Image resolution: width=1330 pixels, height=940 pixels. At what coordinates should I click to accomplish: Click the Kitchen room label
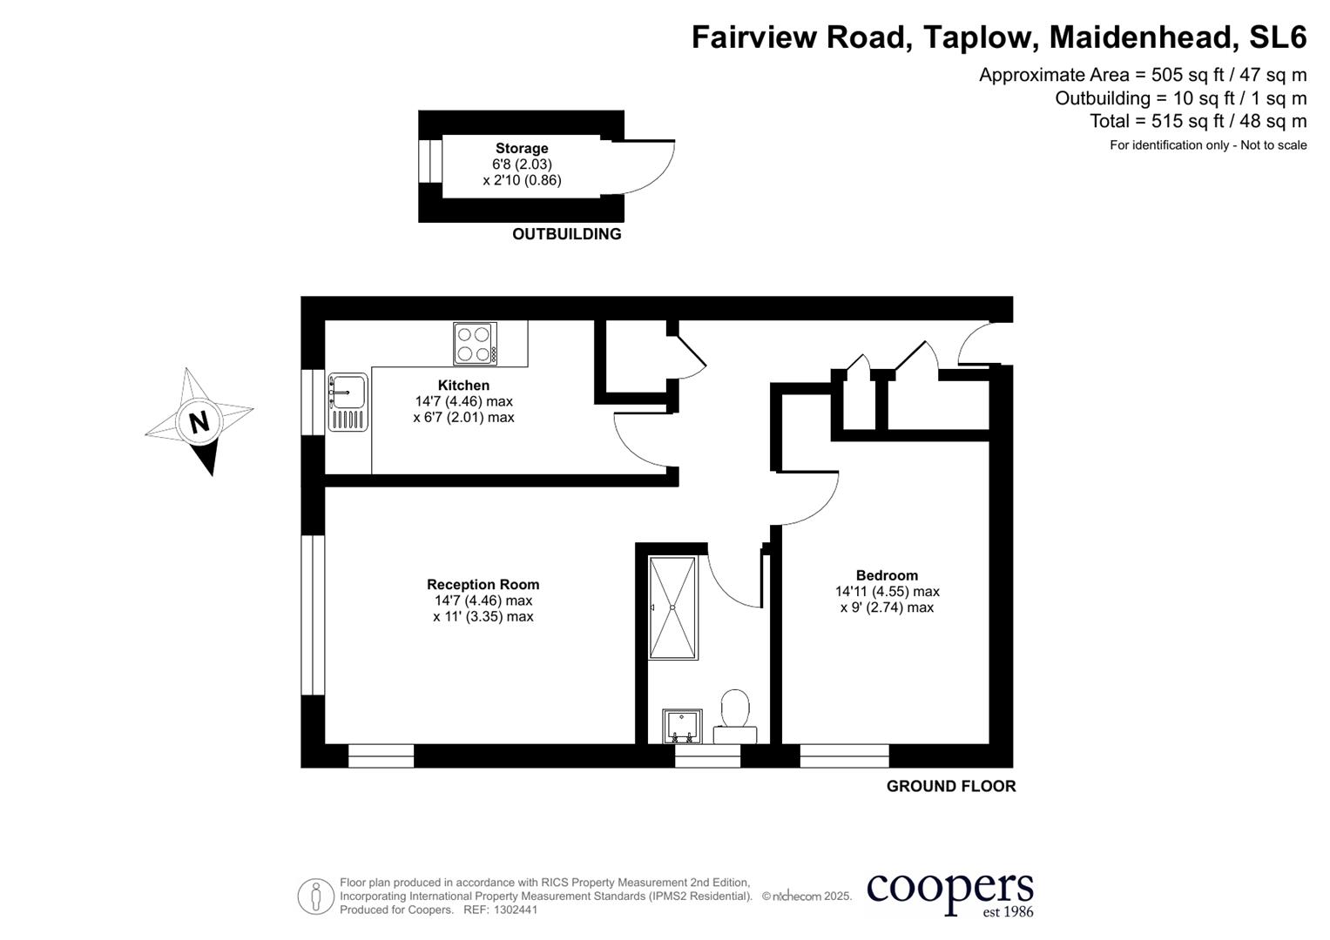tap(463, 386)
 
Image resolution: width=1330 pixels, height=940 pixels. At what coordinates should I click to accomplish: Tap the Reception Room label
tap(483, 585)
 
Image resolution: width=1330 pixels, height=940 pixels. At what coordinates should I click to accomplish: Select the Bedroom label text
tap(887, 575)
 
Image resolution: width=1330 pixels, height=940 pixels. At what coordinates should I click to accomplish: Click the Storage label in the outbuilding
tap(522, 149)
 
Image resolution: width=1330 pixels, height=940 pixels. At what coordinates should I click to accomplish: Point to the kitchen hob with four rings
tap(476, 344)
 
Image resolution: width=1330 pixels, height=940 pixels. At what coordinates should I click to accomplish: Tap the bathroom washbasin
tap(682, 726)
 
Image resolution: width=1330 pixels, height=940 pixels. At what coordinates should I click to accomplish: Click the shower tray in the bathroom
tap(672, 608)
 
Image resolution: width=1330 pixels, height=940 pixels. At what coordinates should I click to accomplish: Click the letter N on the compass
tap(199, 422)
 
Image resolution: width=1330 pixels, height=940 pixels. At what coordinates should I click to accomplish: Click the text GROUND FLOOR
tap(950, 786)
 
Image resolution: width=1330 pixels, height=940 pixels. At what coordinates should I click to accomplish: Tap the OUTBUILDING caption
tap(566, 234)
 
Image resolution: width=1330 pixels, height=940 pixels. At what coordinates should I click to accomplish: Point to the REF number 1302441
tap(516, 910)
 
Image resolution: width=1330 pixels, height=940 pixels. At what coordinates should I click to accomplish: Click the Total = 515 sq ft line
tap(1198, 121)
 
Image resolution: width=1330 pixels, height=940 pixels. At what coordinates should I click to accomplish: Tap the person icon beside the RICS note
tap(315, 896)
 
